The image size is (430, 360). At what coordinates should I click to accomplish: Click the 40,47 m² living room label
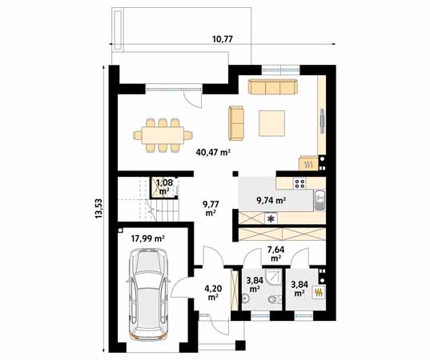click(213, 152)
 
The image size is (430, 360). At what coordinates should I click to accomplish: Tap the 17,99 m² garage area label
click(147, 238)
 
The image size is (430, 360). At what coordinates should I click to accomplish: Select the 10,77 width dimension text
click(223, 39)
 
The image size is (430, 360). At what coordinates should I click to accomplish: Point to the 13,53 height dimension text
click(98, 209)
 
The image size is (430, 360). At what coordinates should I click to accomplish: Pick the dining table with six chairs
click(163, 135)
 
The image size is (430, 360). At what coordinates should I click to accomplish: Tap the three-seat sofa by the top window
click(273, 86)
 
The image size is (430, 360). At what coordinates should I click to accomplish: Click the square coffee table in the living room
click(271, 123)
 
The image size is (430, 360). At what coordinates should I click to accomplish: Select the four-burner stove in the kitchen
click(299, 183)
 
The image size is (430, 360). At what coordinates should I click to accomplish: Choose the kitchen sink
click(319, 200)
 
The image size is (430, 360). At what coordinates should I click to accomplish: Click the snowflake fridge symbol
click(271, 219)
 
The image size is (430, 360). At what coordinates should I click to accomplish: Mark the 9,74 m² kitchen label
click(271, 201)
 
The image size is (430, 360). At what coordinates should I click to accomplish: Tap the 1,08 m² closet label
click(164, 186)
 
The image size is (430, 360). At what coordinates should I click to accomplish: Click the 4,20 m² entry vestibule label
click(213, 292)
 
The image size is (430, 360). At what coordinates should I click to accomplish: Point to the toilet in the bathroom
click(274, 300)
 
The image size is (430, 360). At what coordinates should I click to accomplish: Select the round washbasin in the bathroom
click(245, 298)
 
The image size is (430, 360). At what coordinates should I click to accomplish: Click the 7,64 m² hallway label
click(276, 254)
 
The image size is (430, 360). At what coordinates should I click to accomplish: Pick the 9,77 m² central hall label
click(211, 208)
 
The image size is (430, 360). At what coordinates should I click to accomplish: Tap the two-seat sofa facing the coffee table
click(236, 123)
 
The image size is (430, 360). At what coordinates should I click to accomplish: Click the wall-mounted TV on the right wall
click(322, 121)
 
